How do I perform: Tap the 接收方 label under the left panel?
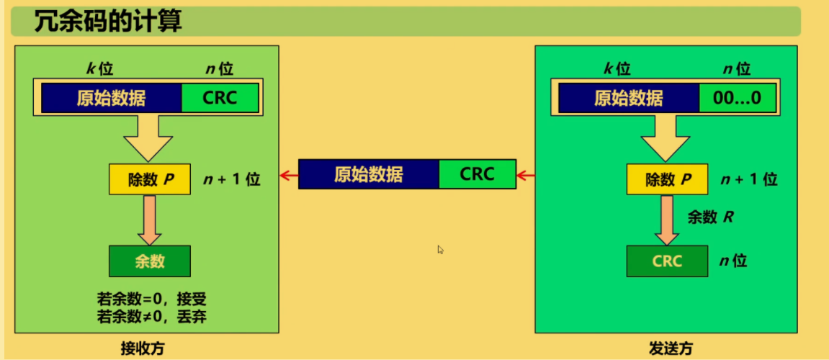pyautogui.click(x=143, y=349)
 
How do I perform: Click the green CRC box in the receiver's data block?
pyautogui.click(x=220, y=98)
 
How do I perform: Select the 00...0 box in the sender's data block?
pyautogui.click(x=736, y=98)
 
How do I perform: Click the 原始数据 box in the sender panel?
pyautogui.click(x=628, y=98)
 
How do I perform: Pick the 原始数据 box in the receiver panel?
pyautogui.click(x=111, y=98)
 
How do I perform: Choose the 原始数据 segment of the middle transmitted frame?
pyautogui.click(x=368, y=174)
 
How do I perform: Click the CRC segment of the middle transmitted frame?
pyautogui.click(x=477, y=174)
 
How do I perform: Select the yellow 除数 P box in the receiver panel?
pyautogui.click(x=149, y=179)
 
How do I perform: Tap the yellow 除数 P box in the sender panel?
pyautogui.click(x=666, y=179)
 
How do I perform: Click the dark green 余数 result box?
pyautogui.click(x=149, y=261)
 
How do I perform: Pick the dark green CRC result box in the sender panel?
pyautogui.click(x=666, y=261)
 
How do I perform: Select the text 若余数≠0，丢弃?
pyautogui.click(x=151, y=315)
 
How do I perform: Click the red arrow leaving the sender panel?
pyautogui.click(x=525, y=175)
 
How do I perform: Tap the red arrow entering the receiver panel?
pyautogui.click(x=289, y=175)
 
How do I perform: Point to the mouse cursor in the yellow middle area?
pyautogui.click(x=441, y=249)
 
